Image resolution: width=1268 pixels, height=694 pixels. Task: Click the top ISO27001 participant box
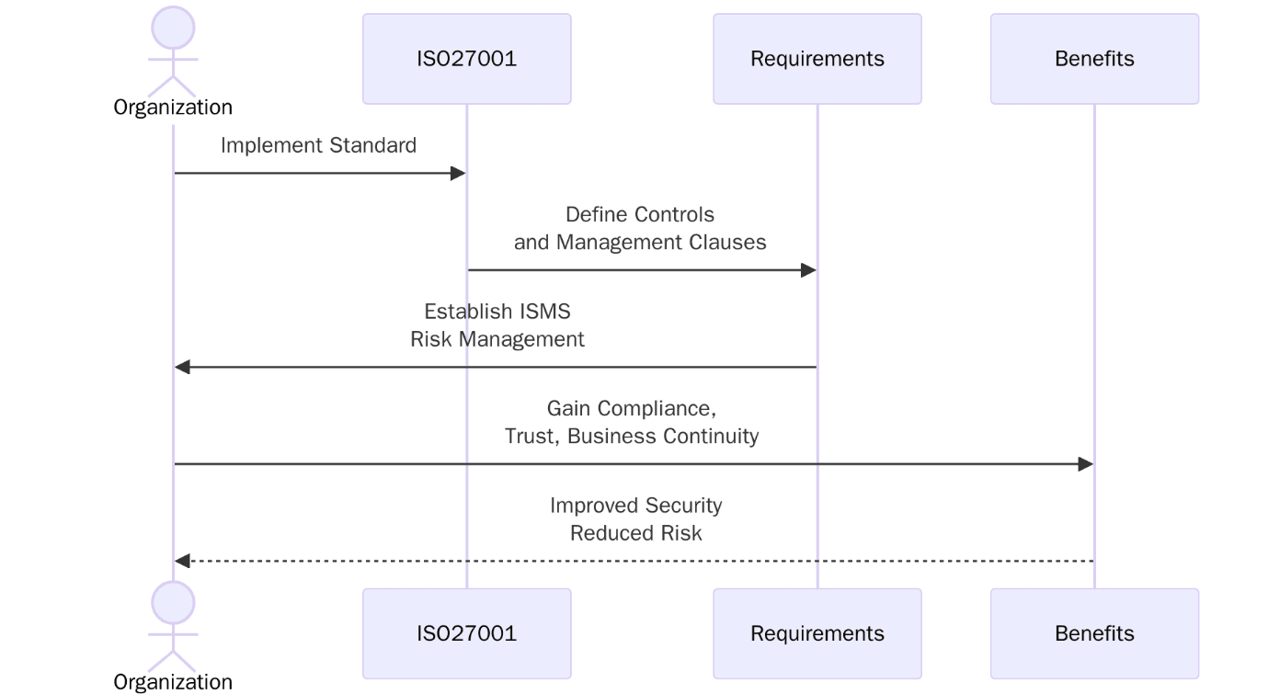pos(466,59)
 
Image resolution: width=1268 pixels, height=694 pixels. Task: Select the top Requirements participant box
pos(817,59)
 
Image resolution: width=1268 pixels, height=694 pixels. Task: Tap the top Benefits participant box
pos(1094,59)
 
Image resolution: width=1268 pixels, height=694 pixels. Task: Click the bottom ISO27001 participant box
pos(466,633)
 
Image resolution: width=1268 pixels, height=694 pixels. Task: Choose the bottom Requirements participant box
pos(817,633)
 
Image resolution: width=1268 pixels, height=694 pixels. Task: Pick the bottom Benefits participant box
pos(1094,633)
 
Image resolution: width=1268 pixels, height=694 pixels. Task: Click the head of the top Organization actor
pos(173,28)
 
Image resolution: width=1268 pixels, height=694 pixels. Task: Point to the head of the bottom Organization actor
pos(173,603)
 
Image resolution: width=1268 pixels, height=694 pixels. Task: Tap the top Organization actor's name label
pos(173,108)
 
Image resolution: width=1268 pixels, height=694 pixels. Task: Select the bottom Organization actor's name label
pos(173,682)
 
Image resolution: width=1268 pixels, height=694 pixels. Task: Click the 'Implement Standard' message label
pos(318,145)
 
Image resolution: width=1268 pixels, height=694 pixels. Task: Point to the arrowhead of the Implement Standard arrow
pos(459,173)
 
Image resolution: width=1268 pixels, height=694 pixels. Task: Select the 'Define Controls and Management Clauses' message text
pos(640,228)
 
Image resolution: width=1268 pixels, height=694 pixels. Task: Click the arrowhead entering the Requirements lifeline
pos(809,270)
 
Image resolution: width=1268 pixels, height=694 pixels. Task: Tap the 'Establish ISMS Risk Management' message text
pos(497,325)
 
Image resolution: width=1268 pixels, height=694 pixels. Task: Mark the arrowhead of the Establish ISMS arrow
pos(182,368)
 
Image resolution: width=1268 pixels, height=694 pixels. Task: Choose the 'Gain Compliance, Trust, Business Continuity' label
pos(632,422)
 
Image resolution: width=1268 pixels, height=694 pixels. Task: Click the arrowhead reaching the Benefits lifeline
pos(1086,464)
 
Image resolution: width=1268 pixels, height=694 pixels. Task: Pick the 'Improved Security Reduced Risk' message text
pos(635,519)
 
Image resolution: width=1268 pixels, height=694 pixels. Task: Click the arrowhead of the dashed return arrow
pos(182,561)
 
